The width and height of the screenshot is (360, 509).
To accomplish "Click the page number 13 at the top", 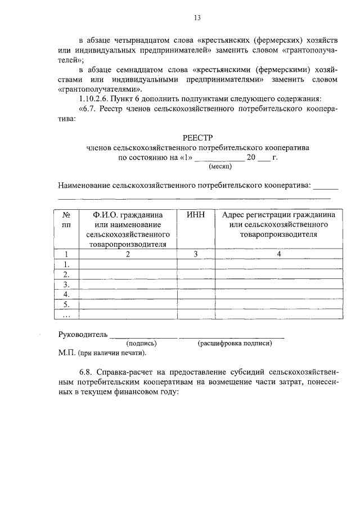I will pyautogui.click(x=197, y=18).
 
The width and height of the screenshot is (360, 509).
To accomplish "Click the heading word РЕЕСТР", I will pyautogui.click(x=198, y=137).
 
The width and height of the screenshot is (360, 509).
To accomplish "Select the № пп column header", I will pyautogui.click(x=66, y=219).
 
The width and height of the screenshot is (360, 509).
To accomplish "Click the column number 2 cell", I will pyautogui.click(x=128, y=254).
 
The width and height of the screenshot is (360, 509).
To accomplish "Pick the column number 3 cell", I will pyautogui.click(x=195, y=254).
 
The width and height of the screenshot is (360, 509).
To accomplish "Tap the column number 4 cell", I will pyautogui.click(x=278, y=254).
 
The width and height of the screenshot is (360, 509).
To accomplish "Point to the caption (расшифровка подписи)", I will pyautogui.click(x=235, y=343).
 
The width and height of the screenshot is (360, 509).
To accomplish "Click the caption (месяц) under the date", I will pyautogui.click(x=219, y=166).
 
